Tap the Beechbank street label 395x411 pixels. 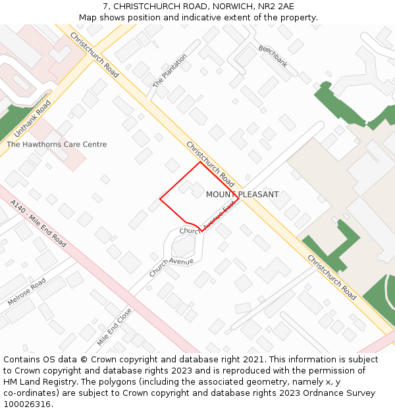click(273, 57)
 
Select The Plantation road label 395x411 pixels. click(170, 71)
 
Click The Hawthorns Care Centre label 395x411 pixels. click(57, 145)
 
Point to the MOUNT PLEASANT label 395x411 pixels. click(242, 195)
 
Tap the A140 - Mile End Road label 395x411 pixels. click(38, 224)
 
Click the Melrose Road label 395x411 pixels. click(26, 293)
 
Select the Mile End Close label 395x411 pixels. click(115, 327)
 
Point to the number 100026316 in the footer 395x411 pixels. click(26, 404)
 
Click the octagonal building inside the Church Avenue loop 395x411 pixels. click(183, 247)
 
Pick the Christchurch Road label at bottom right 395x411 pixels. click(332, 277)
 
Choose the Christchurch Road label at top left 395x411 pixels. click(94, 56)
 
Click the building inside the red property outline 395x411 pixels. click(192, 189)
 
